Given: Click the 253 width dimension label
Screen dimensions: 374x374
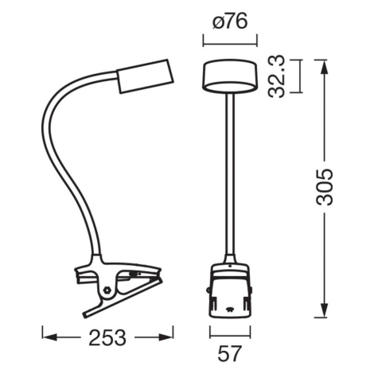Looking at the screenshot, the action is tap(107, 337).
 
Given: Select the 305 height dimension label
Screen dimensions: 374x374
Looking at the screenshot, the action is tap(324, 187).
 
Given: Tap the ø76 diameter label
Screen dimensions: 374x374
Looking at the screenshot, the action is tap(230, 21).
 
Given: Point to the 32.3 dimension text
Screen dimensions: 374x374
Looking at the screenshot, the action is tap(276, 76).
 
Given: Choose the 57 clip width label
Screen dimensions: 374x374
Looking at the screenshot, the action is tap(230, 353).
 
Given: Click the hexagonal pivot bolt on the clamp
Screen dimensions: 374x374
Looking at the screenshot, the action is tap(107, 290).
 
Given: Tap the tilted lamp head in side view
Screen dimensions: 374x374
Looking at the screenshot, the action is tap(145, 76).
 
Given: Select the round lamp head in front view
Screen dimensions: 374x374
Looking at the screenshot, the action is tap(230, 77).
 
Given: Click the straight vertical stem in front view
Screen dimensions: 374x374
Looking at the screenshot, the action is tap(230, 174).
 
